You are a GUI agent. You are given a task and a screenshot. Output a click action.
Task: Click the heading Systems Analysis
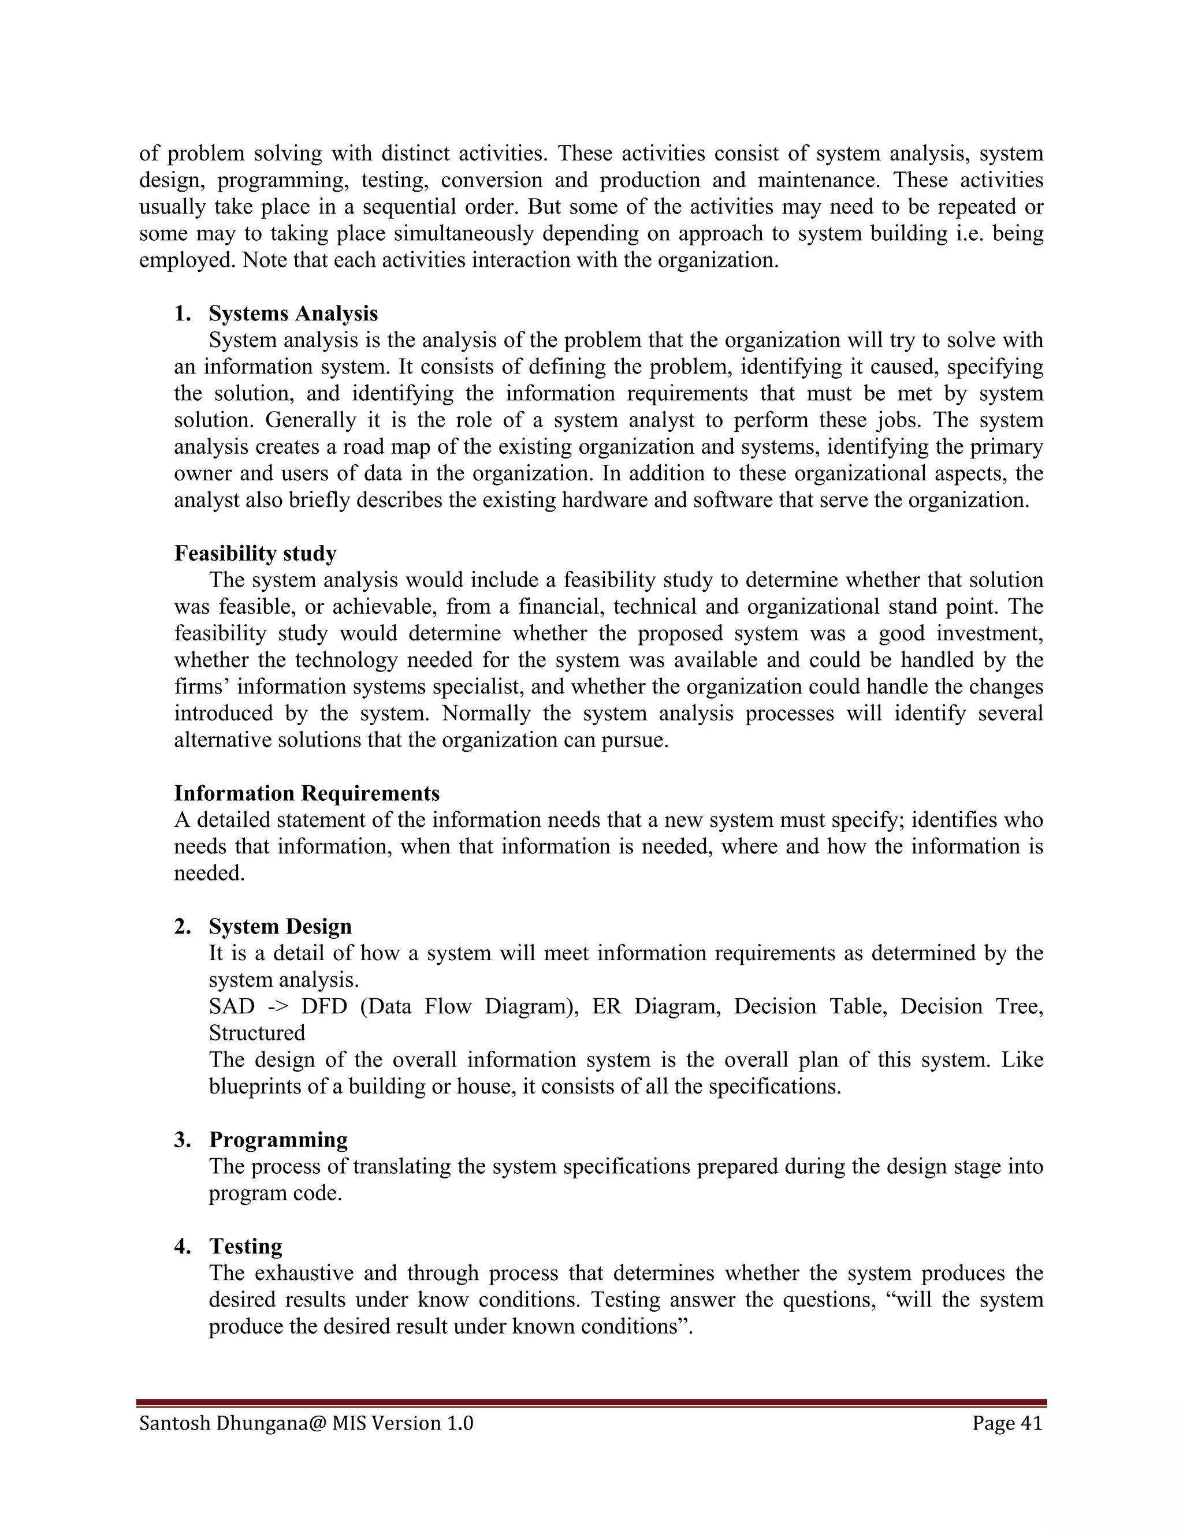click(x=293, y=313)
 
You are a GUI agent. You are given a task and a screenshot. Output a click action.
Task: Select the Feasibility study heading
click(x=255, y=554)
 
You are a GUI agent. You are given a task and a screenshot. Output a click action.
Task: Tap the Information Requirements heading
click(x=307, y=793)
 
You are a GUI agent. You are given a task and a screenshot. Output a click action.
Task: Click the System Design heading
click(x=280, y=926)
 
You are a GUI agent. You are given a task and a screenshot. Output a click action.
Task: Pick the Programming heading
click(x=278, y=1140)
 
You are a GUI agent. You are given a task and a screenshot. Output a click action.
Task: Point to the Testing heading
click(x=245, y=1247)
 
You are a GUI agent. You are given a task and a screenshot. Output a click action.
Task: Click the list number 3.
click(x=182, y=1140)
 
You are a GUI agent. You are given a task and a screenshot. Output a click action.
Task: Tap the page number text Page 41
click(x=1007, y=1423)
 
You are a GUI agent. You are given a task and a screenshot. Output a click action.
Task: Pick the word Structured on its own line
click(x=257, y=1033)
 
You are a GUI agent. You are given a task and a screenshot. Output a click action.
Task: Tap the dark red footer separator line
click(x=591, y=1403)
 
